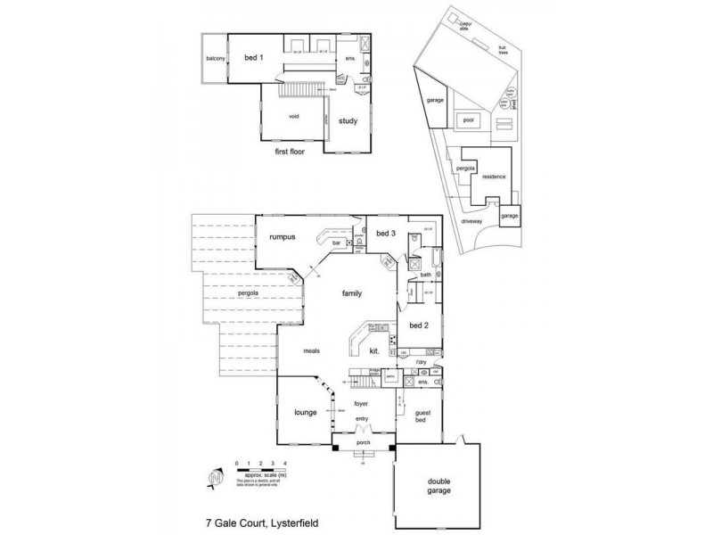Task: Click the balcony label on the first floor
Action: [215, 59]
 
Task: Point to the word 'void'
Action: [293, 116]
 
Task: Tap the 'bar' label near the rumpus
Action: [337, 243]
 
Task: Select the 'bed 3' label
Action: [385, 234]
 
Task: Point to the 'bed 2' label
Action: [419, 325]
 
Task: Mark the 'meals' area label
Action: [310, 350]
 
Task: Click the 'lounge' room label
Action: [307, 413]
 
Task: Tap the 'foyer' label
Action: [361, 404]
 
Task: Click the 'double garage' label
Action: [438, 486]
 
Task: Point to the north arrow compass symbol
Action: [214, 479]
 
